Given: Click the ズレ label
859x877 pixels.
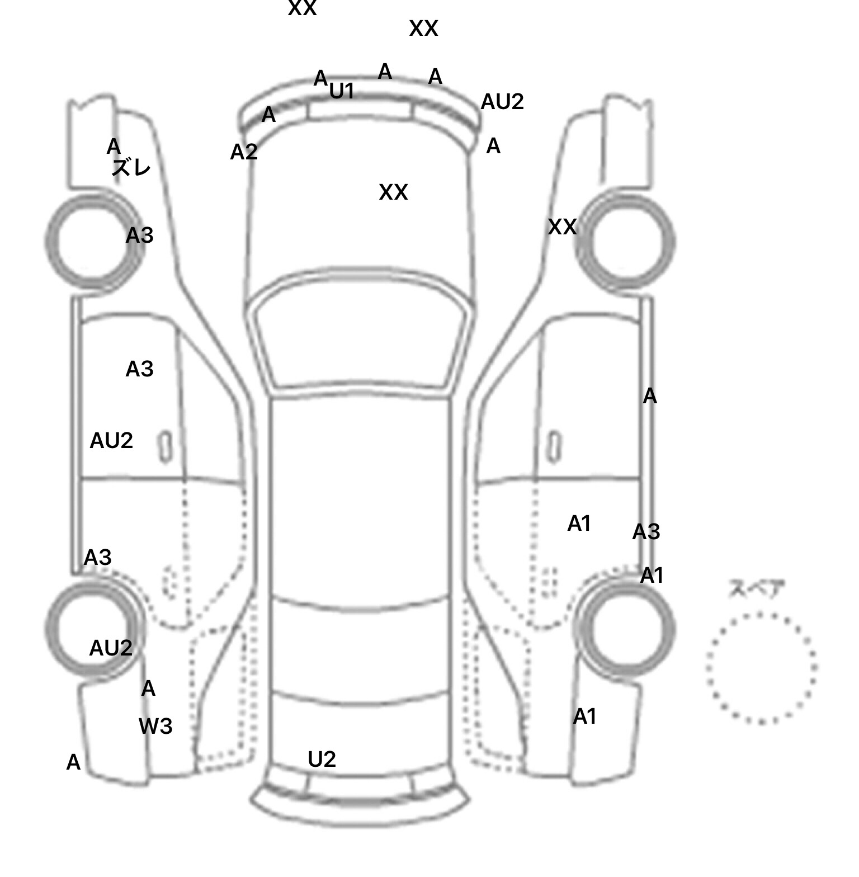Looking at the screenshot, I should click(x=131, y=167).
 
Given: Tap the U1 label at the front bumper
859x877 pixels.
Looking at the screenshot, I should click(x=342, y=91).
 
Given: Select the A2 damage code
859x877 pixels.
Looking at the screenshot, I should click(x=244, y=152).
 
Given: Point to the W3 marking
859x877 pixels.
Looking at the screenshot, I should click(x=155, y=727).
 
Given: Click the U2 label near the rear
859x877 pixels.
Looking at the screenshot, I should click(x=322, y=760).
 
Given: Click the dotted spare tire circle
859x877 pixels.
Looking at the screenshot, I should click(x=761, y=668).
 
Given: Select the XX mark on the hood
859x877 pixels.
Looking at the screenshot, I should click(x=393, y=192).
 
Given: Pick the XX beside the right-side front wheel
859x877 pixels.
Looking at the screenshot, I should click(x=562, y=227).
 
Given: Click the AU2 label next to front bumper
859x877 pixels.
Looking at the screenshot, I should click(x=502, y=102).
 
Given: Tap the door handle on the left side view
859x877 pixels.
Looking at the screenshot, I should click(x=165, y=447).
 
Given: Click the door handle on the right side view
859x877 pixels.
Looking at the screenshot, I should click(x=554, y=447).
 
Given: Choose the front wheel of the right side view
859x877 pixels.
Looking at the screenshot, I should click(x=627, y=242).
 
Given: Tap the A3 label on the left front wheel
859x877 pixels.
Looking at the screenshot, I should click(x=139, y=236).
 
